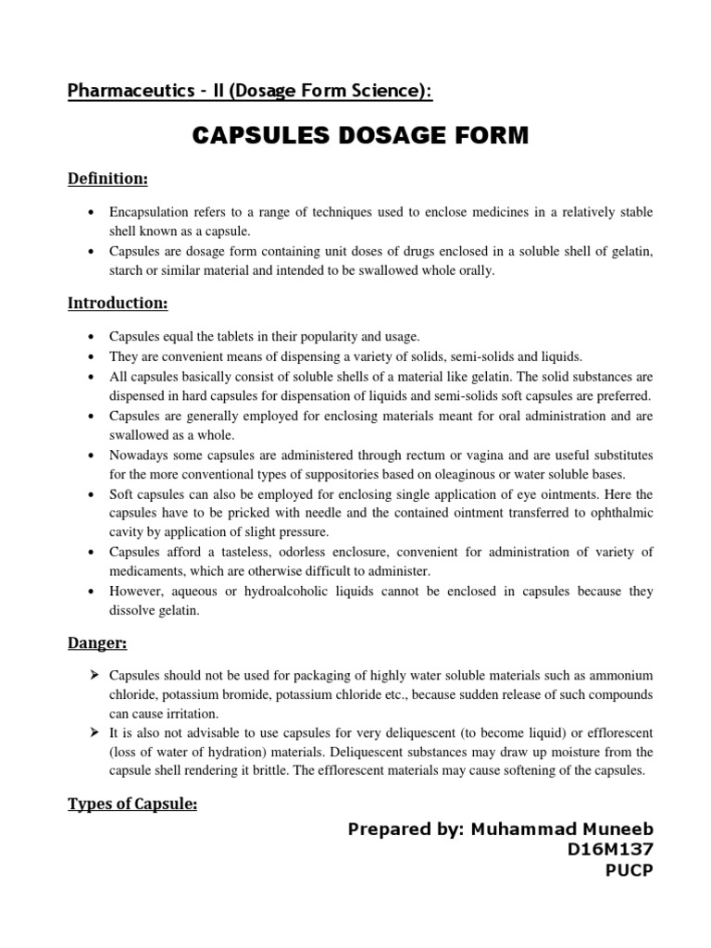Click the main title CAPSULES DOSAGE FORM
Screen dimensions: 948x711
coord(360,135)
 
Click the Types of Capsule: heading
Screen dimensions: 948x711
coord(132,805)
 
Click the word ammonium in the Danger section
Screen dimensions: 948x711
coord(621,675)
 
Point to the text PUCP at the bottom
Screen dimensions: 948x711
coord(631,868)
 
